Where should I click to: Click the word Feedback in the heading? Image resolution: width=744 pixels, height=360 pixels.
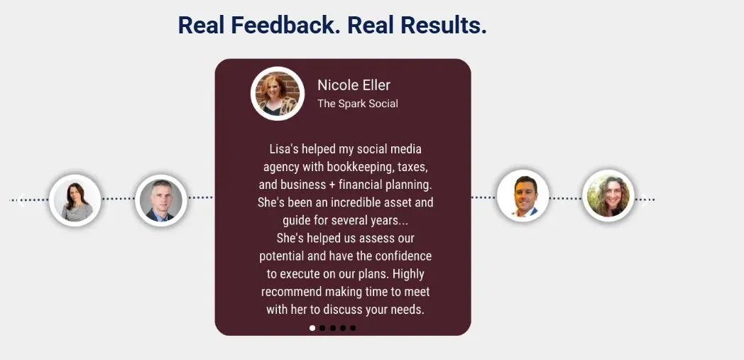285,25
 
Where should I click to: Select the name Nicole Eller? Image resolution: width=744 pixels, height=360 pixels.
354,85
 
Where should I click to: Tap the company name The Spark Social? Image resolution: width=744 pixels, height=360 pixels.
358,104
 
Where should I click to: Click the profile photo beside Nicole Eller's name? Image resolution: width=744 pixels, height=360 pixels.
278,94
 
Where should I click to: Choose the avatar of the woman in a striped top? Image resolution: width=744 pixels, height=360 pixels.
75,200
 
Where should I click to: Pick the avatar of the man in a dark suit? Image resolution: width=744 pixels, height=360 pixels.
161,200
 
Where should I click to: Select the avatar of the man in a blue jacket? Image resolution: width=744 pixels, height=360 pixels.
523,196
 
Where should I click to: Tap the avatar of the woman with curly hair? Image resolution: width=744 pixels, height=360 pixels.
608,196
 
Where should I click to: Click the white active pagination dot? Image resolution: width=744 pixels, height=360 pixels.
312,328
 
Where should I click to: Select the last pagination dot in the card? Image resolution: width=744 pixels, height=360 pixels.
353,328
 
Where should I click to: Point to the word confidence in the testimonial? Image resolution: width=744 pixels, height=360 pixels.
403,256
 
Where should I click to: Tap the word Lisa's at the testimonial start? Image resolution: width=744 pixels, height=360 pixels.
284,149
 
